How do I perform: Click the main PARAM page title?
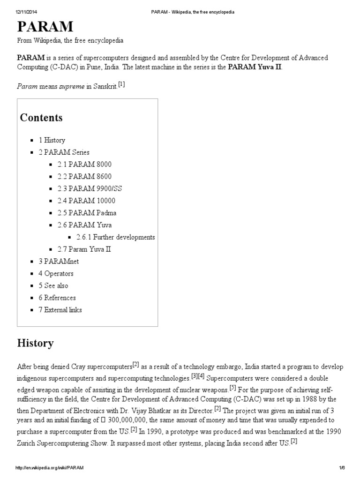point(45,26)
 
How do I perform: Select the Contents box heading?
point(41,117)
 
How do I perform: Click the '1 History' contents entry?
point(52,140)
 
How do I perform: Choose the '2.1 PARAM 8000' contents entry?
point(84,165)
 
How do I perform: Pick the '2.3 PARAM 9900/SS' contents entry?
point(90,188)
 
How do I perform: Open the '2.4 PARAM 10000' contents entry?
point(86,201)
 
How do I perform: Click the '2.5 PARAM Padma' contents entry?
point(87,213)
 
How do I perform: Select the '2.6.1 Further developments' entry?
point(115,237)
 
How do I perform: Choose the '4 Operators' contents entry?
point(56,274)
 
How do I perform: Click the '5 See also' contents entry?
point(53,285)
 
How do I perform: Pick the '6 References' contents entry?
point(57,298)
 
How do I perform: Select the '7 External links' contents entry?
point(60,310)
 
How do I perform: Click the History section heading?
point(35,344)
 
